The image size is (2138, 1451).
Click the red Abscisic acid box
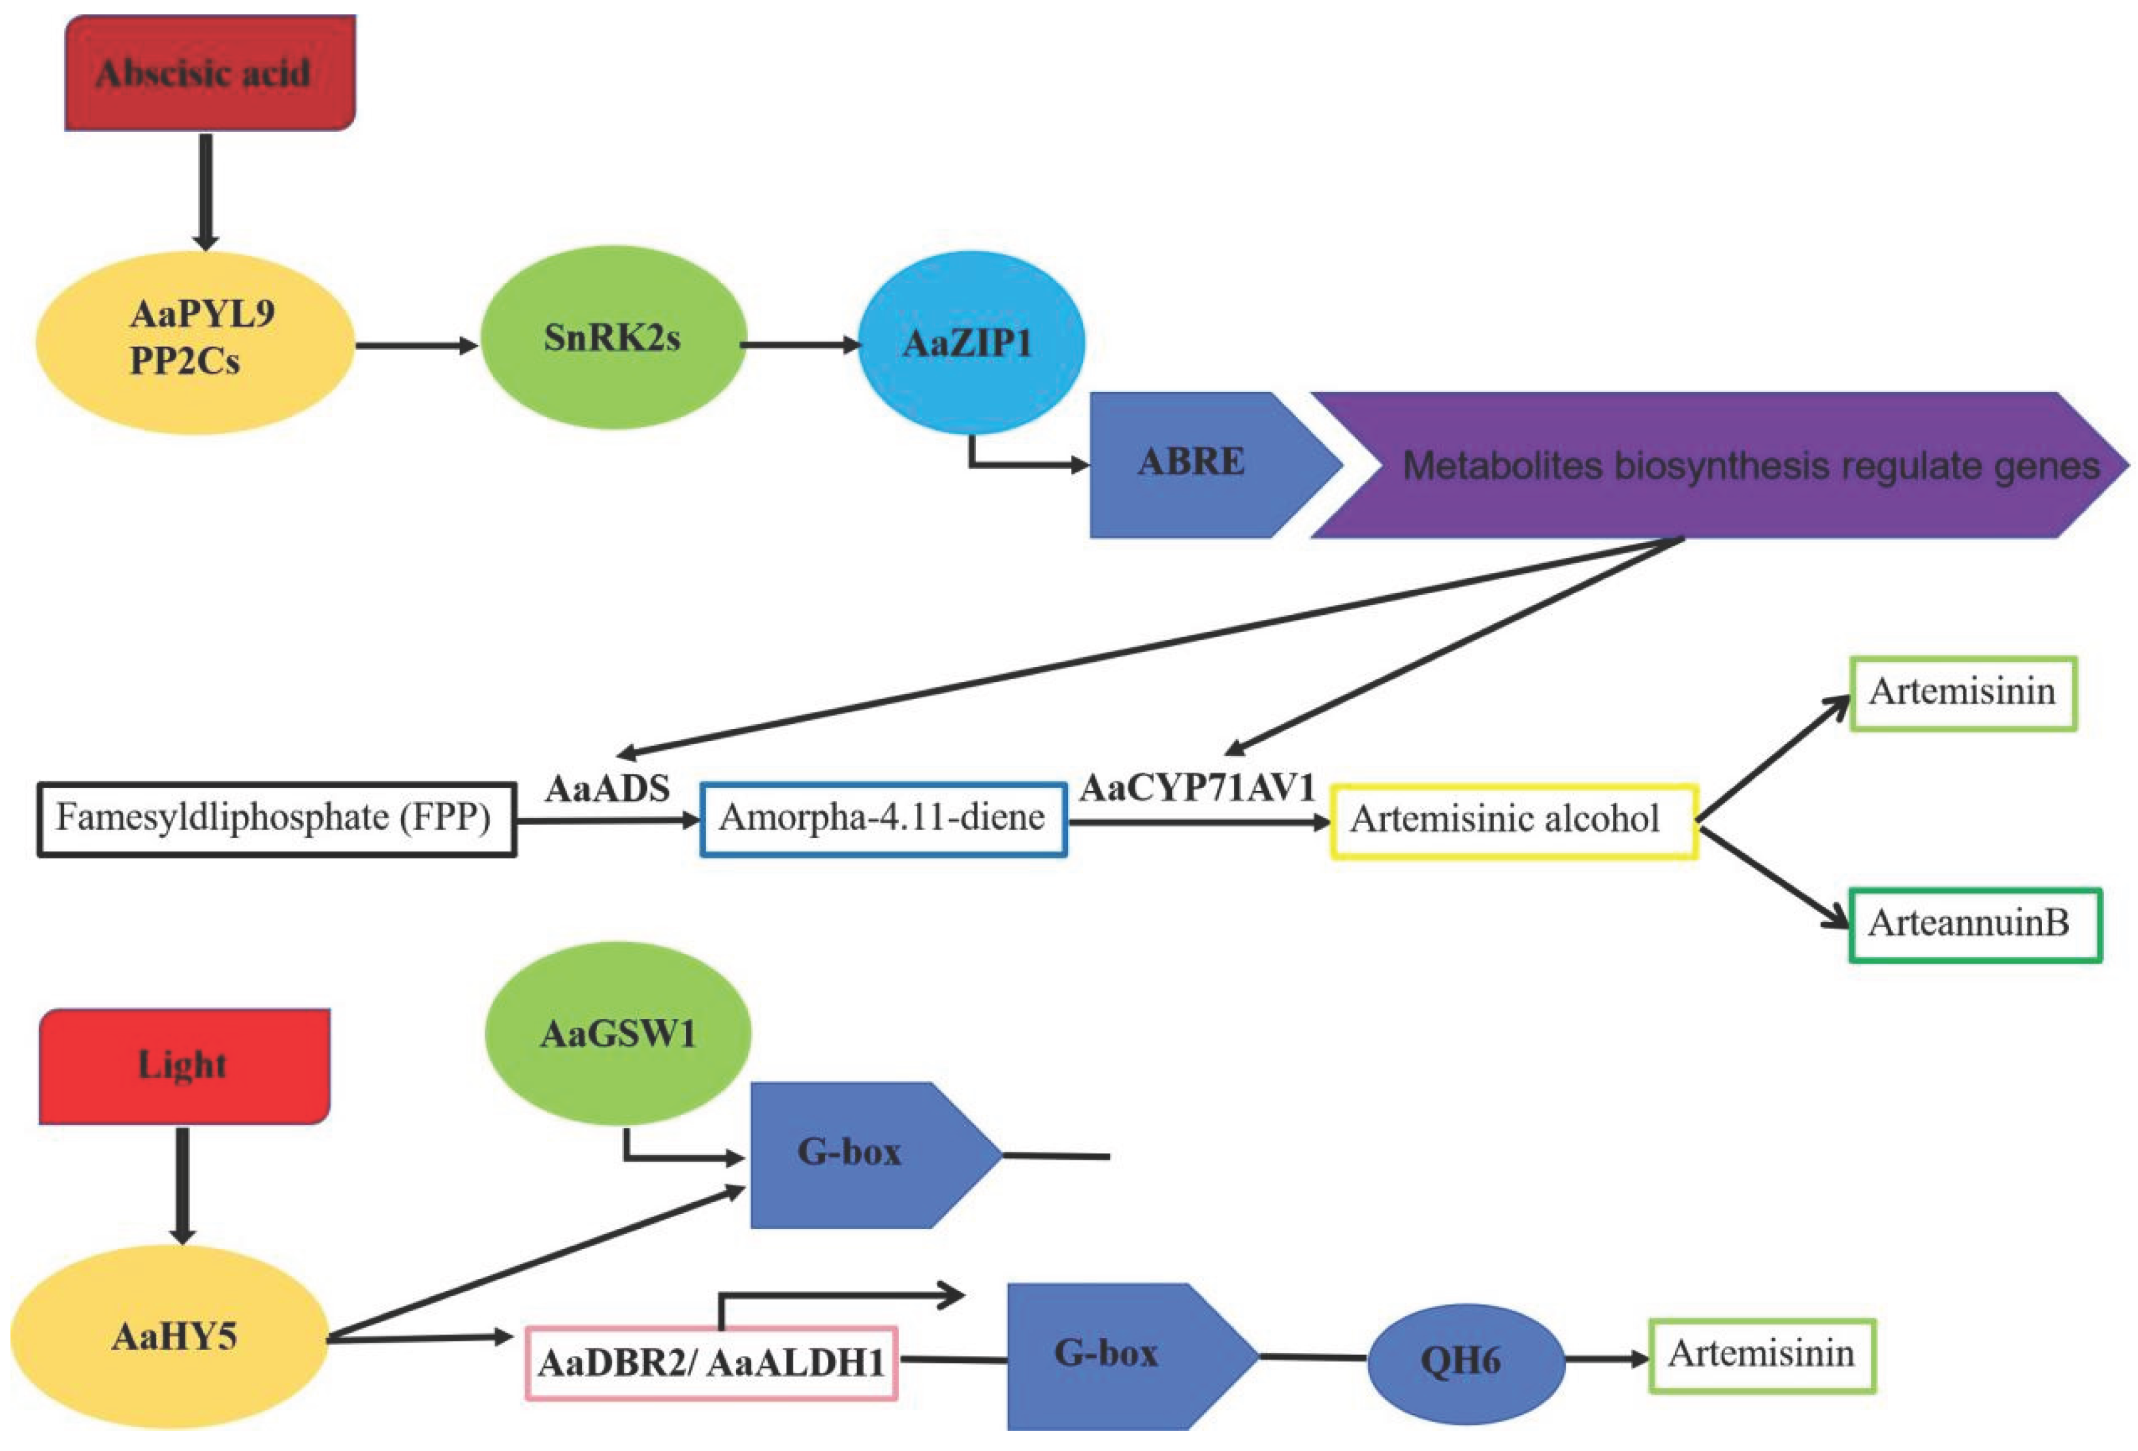[x=210, y=73]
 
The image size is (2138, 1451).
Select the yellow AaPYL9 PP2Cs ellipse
[x=195, y=342]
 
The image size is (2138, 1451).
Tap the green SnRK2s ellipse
[x=613, y=338]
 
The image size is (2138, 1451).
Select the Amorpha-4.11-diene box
[x=883, y=819]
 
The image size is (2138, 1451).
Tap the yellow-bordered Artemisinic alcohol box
[x=1514, y=821]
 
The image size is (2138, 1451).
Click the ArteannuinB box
[x=1974, y=924]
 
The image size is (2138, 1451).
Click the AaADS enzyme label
[x=607, y=789]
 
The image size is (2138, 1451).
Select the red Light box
[x=184, y=1066]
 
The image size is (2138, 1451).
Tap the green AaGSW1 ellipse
[x=617, y=1034]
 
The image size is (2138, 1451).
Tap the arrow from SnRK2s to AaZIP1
[x=800, y=345]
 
